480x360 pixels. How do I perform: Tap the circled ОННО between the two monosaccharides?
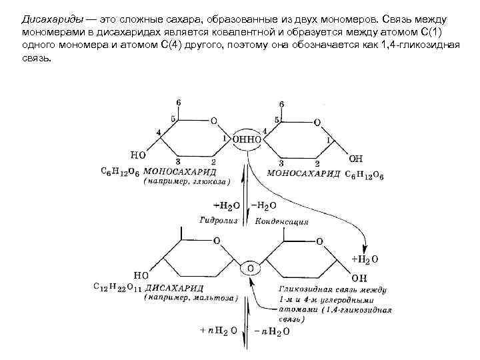click(x=247, y=139)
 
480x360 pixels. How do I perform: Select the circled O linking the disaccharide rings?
click(x=251, y=268)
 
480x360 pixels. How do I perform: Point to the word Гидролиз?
click(x=219, y=219)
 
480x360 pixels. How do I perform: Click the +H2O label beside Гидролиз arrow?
click(x=226, y=205)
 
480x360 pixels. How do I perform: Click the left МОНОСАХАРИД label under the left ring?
click(x=175, y=171)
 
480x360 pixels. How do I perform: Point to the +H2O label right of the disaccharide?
click(x=365, y=257)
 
